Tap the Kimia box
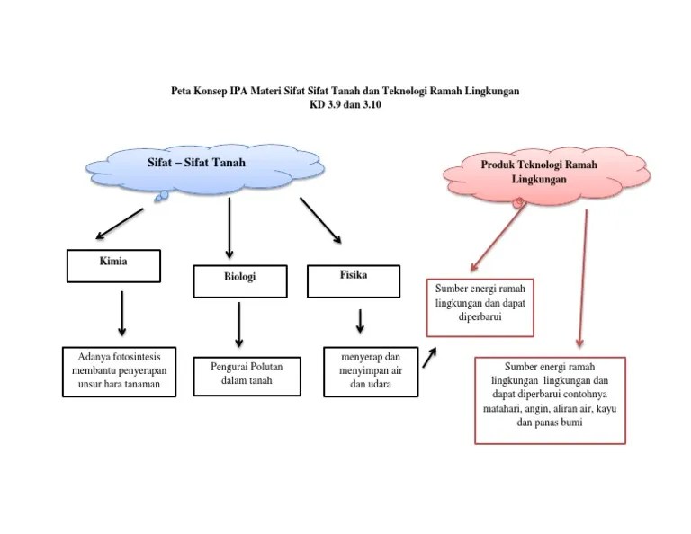click(x=114, y=265)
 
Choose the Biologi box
click(x=240, y=280)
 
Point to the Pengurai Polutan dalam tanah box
click(x=240, y=373)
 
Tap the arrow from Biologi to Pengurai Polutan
click(x=239, y=325)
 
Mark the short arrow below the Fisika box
click(x=360, y=321)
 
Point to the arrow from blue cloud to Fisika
click(x=320, y=220)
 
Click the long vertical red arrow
click(x=583, y=279)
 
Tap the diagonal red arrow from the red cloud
click(x=498, y=238)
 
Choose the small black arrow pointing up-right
click(x=430, y=358)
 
